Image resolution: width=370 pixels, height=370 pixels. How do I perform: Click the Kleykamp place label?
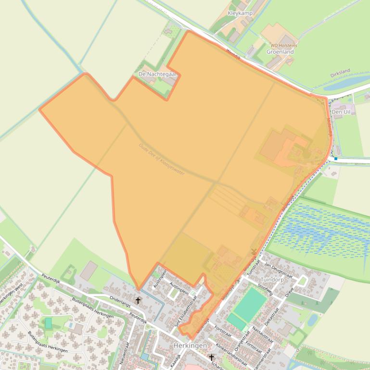(x=240, y=13)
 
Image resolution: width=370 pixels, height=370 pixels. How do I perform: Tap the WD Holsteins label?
(x=281, y=46)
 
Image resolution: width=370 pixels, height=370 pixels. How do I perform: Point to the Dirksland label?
(x=340, y=74)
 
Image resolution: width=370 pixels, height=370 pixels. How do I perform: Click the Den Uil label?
(x=341, y=111)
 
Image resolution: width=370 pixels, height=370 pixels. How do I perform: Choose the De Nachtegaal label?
(x=157, y=74)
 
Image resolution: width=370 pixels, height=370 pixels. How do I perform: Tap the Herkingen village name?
(x=190, y=346)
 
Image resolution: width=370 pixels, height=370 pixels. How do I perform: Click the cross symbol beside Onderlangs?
(x=138, y=301)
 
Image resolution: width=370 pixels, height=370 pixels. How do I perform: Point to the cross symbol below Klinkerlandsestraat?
(x=211, y=358)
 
